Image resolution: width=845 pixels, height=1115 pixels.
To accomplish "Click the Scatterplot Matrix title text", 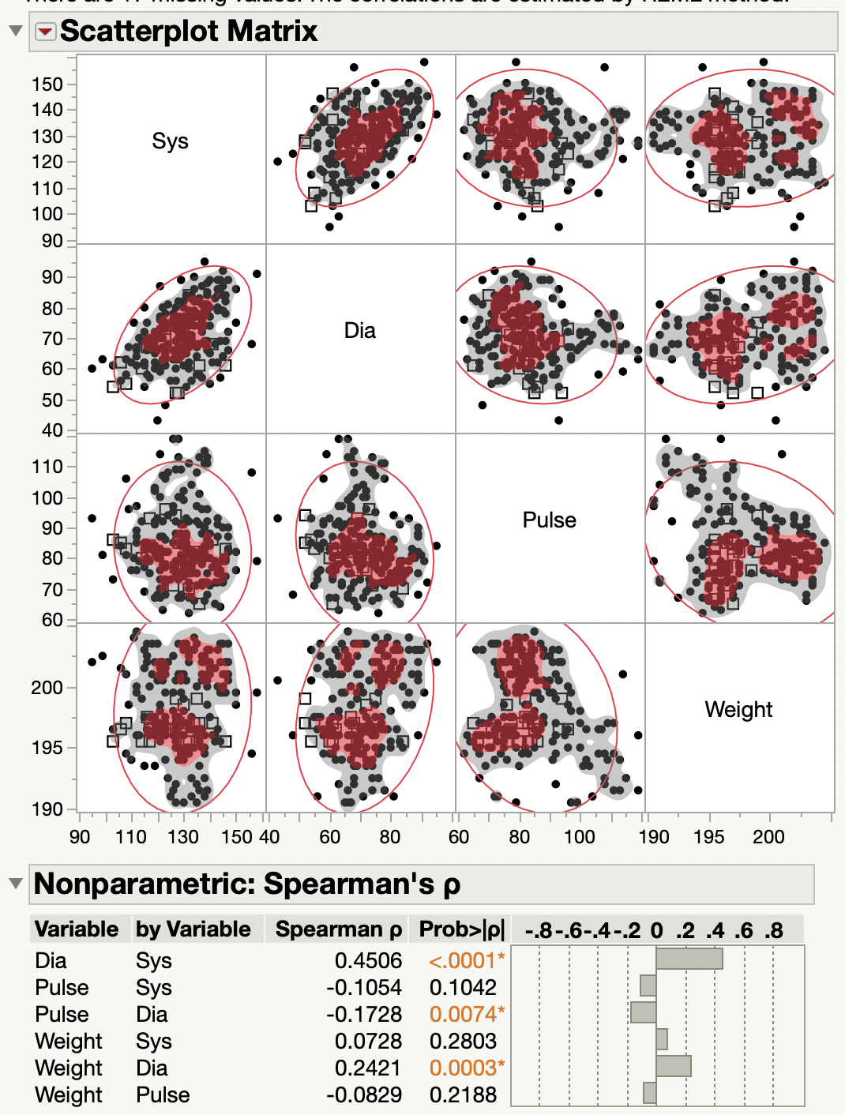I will click(x=189, y=32).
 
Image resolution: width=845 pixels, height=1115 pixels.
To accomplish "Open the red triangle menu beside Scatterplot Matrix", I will click(x=46, y=32).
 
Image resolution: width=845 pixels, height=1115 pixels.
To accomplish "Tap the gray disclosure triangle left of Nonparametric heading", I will click(x=15, y=883).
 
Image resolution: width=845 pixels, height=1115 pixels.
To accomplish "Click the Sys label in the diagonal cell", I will click(x=170, y=141).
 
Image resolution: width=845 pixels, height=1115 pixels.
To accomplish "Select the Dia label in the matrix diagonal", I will click(x=359, y=331).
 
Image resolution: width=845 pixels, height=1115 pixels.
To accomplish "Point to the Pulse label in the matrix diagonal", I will click(x=549, y=520).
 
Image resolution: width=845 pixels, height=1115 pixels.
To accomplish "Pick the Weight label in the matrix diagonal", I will click(x=738, y=710).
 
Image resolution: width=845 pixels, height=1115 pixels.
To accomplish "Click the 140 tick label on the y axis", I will click(x=47, y=110).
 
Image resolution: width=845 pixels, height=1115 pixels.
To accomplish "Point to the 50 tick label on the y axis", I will click(x=52, y=400).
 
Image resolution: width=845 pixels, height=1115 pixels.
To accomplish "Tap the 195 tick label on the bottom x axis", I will click(x=708, y=837).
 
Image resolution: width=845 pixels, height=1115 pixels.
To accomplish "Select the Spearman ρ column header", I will click(x=338, y=929).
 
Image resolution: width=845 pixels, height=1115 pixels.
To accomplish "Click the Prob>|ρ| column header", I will click(x=461, y=929).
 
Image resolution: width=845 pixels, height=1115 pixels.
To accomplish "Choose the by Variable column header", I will click(x=193, y=929).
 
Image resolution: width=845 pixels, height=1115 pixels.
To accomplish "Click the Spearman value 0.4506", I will click(x=368, y=960).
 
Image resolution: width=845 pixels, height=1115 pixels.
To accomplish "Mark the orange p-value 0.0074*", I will click(x=466, y=1014).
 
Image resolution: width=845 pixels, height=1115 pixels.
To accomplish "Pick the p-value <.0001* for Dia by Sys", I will click(x=466, y=960).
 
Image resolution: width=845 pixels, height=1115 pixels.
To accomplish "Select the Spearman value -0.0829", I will click(x=364, y=1094).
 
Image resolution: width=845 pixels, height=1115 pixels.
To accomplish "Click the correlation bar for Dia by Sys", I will click(x=689, y=959).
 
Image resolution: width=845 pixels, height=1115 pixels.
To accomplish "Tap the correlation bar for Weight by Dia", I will click(x=673, y=1066).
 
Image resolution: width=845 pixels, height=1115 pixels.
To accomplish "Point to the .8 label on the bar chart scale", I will click(x=773, y=931).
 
